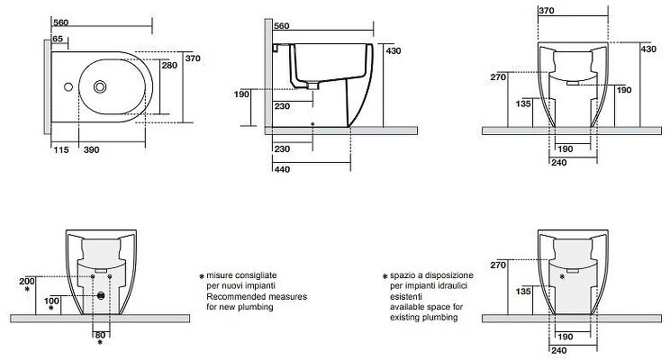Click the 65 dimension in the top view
point(59,39)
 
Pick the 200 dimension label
point(26,281)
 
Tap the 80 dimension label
point(100,335)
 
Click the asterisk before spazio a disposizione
point(385,275)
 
